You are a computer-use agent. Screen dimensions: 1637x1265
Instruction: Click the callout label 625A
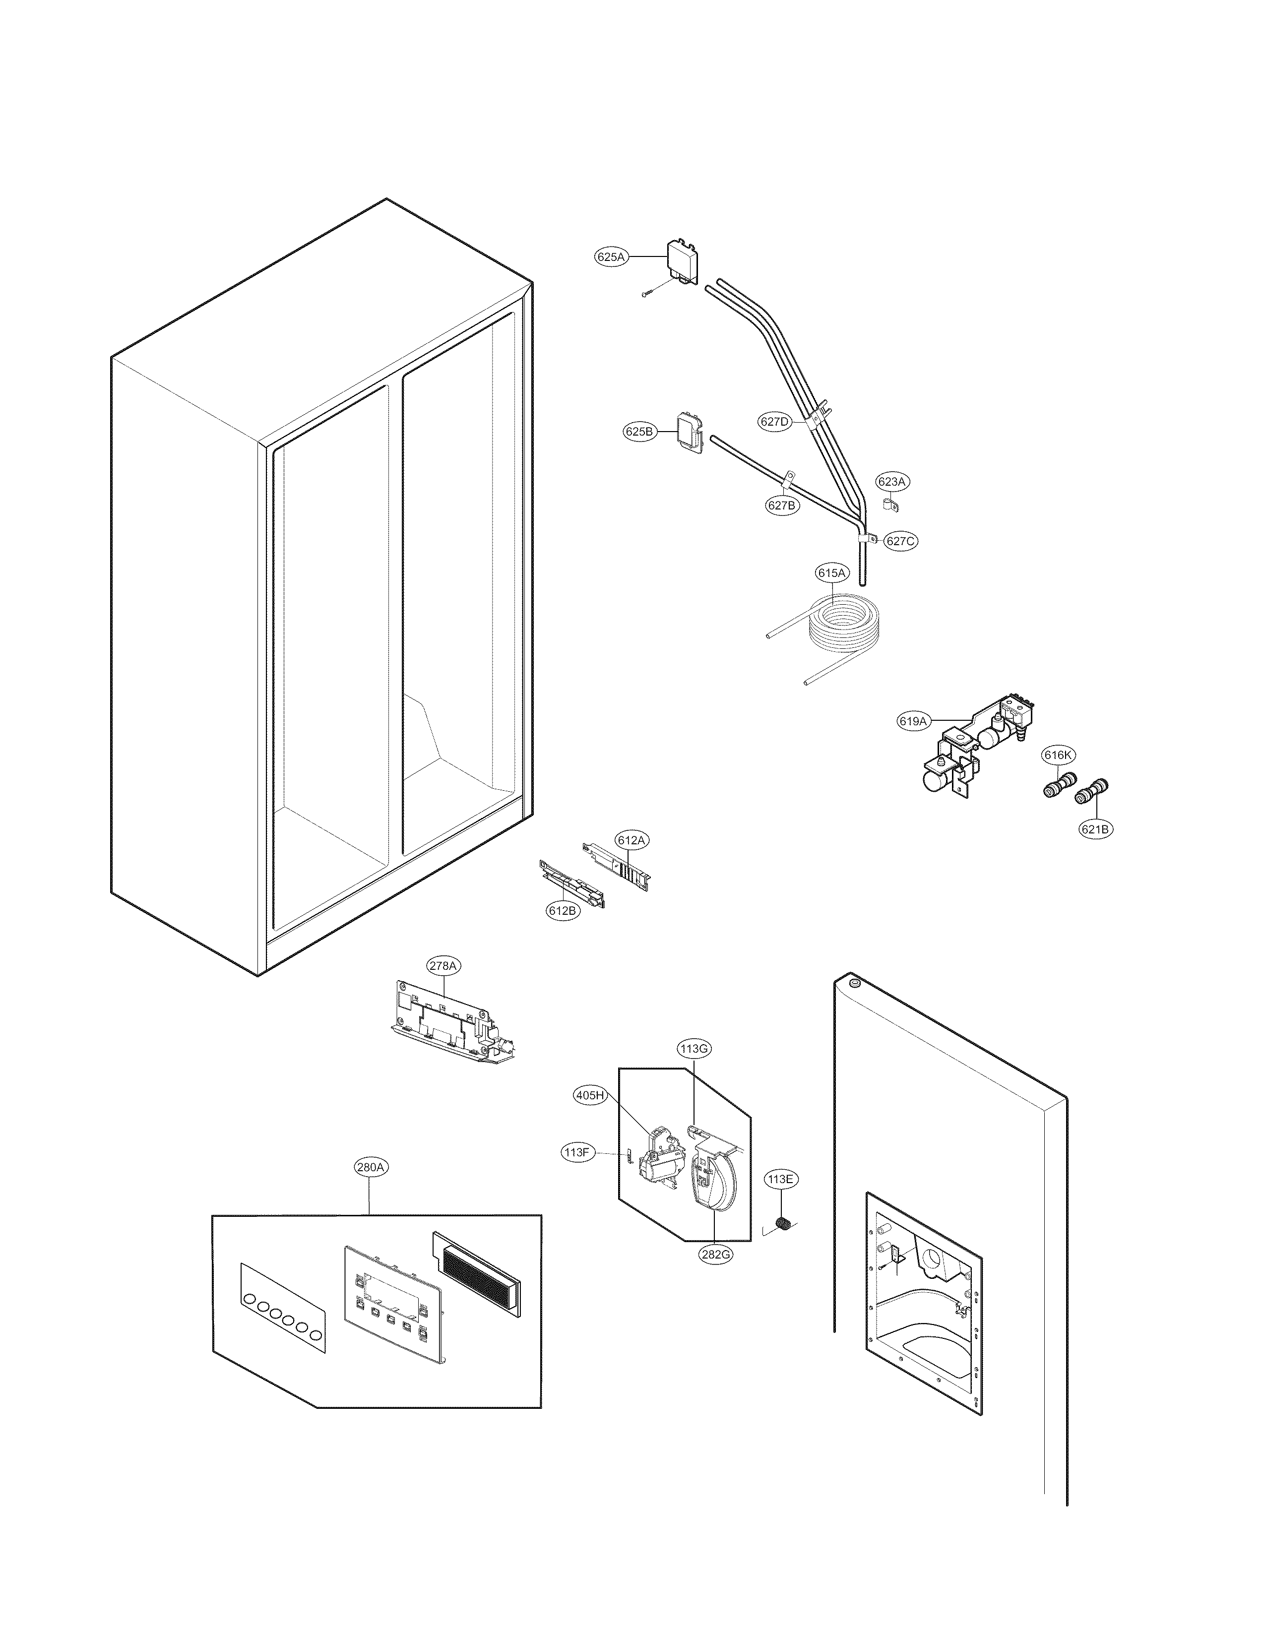point(610,257)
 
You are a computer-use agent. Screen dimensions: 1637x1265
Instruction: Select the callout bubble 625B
point(639,432)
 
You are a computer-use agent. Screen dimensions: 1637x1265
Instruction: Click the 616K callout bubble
point(1058,756)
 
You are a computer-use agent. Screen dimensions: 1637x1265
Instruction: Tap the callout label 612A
point(631,840)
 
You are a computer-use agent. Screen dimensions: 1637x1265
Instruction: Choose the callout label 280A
point(372,1167)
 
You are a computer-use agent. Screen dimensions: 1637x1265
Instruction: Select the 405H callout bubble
point(590,1096)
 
